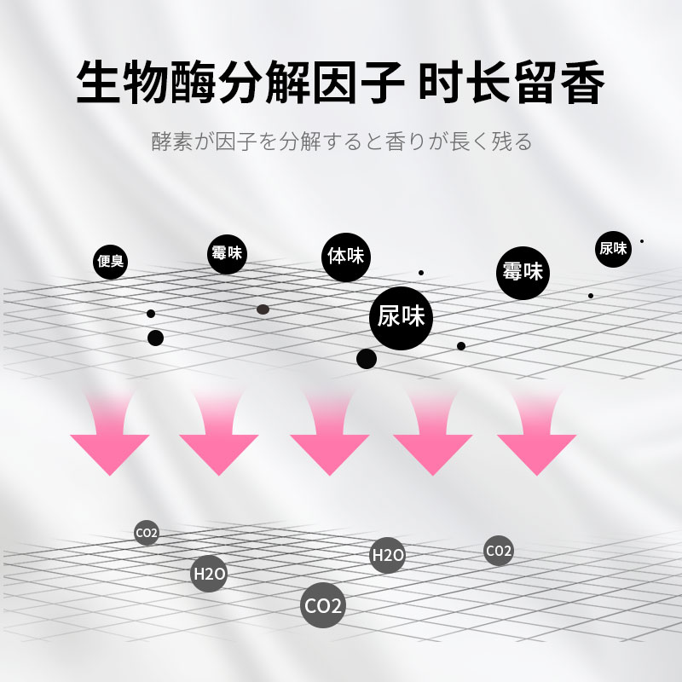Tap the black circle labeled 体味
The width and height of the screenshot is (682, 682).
[345, 255]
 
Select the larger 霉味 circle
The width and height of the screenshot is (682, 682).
[523, 273]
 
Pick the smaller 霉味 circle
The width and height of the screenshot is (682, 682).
[228, 254]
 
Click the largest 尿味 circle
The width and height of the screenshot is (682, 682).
[400, 317]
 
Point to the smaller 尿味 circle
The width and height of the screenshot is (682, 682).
[613, 248]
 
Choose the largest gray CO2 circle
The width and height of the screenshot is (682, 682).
[323, 606]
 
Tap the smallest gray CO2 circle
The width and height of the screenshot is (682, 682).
[147, 535]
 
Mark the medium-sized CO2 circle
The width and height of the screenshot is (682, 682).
[499, 551]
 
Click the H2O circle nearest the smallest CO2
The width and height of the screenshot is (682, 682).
[209, 573]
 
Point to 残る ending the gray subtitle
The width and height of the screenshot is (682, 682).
[513, 141]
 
